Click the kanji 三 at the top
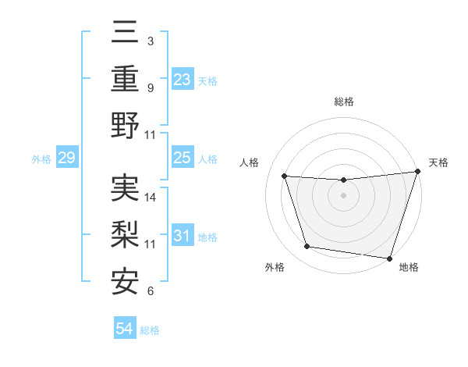click(x=126, y=35)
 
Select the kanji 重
click(x=126, y=80)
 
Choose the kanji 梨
click(x=126, y=233)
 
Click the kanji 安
click(x=126, y=280)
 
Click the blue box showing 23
click(x=183, y=80)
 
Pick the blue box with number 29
click(x=66, y=159)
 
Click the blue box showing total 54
click(x=125, y=330)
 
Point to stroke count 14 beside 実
click(x=151, y=198)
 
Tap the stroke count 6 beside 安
click(x=151, y=291)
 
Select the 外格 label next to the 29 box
click(x=41, y=159)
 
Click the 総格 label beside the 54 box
click(x=150, y=330)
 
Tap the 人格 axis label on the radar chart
click(x=250, y=163)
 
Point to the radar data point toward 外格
click(x=307, y=247)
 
